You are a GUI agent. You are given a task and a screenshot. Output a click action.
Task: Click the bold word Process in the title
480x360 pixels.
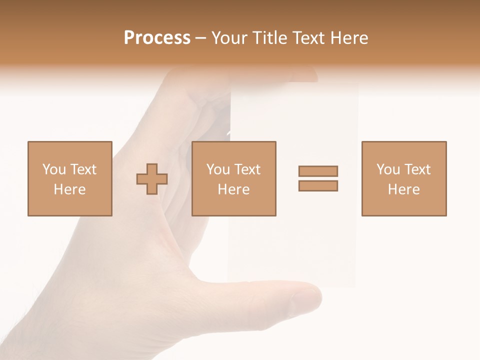pos(157,38)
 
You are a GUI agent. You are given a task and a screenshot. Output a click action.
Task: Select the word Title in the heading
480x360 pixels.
pos(270,38)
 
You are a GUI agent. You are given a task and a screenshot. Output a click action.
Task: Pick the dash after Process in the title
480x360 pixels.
pos(200,38)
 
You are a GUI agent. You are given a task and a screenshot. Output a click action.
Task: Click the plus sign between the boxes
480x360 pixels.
pos(152,179)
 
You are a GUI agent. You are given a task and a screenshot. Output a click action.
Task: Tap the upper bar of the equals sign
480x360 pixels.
pos(318,171)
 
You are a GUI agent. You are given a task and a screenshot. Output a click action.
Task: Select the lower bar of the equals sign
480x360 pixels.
pos(318,186)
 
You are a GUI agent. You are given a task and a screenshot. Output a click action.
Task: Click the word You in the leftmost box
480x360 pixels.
pos(54,169)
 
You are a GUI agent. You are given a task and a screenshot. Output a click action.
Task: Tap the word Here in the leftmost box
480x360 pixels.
pos(70,189)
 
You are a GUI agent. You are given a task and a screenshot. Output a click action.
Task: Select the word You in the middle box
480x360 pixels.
pos(218,169)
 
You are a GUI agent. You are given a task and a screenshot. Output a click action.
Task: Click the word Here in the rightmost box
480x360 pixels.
pos(404,189)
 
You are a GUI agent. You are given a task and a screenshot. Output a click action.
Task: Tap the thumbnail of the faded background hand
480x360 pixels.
pos(303,299)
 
